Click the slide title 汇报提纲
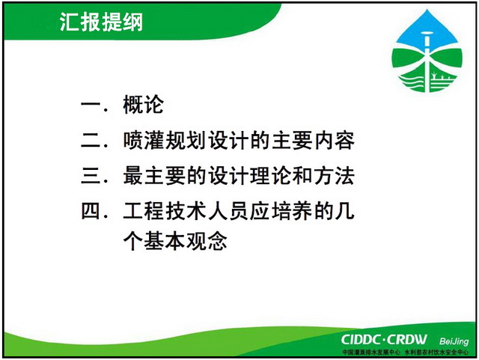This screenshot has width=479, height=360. click(x=101, y=22)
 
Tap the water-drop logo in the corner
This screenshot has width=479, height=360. click(x=427, y=52)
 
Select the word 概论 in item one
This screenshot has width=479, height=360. click(x=143, y=105)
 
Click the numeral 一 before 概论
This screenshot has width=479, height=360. click(x=91, y=105)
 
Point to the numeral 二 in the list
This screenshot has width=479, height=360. click(x=91, y=141)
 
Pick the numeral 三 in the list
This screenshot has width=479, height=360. click(x=91, y=176)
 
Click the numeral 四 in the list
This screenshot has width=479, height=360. click(x=91, y=211)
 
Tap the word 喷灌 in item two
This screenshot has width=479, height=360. click(x=143, y=140)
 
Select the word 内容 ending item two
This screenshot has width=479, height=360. click(x=335, y=140)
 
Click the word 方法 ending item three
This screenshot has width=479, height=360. click(x=335, y=176)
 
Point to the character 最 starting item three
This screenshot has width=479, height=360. click(x=133, y=176)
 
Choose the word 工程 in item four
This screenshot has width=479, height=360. click(x=143, y=211)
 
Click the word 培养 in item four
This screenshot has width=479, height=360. click(x=292, y=211)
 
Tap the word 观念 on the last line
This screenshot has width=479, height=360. click(x=207, y=241)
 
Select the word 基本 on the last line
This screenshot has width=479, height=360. click(x=165, y=241)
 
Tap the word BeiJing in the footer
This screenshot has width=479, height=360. click(x=454, y=341)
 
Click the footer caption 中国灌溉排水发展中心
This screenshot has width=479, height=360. click(x=371, y=353)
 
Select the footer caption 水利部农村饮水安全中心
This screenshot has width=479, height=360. click(x=436, y=353)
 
